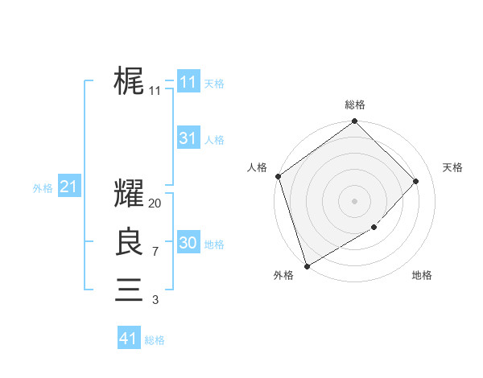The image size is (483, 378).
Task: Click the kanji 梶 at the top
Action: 129,81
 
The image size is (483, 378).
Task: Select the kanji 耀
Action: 129,195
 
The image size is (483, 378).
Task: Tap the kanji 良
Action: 129,242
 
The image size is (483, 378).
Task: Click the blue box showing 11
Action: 188,82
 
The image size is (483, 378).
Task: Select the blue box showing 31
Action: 188,138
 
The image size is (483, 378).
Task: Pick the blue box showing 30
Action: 188,243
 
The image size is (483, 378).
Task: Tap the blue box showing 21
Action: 68,187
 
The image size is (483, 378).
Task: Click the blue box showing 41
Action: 128,339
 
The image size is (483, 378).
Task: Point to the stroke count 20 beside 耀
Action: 155,204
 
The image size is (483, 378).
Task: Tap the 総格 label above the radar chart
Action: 355,105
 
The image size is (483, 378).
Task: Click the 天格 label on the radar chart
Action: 452,167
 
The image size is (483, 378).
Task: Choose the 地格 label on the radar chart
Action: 422,275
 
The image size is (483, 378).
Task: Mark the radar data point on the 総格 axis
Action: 355,122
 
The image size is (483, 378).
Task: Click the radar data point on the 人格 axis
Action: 279,176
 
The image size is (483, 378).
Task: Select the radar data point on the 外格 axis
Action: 308,265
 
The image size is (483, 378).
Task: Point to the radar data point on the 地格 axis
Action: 374,228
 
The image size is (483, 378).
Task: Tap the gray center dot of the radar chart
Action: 355,201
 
